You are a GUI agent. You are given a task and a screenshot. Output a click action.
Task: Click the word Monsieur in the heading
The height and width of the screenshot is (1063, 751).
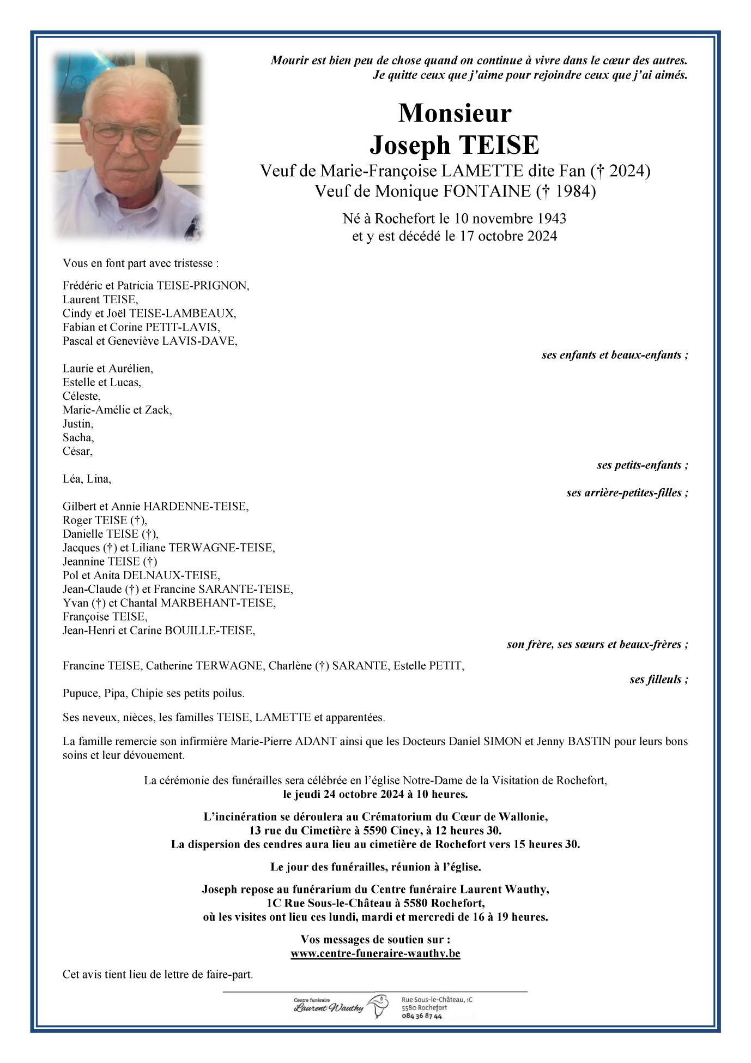455,113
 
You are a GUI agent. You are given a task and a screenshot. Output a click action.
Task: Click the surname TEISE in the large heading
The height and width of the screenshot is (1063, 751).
498,145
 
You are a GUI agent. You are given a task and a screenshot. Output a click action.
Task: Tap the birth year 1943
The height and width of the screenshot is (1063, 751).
552,219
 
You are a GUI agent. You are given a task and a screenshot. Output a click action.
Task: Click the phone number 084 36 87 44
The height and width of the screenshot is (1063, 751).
421,1016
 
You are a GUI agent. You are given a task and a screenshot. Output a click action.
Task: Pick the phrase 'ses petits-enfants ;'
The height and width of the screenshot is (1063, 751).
642,465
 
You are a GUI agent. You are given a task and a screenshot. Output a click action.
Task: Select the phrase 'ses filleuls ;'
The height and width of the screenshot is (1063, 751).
658,680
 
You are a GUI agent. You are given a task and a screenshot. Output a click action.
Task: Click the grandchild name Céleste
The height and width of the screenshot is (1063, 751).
81,396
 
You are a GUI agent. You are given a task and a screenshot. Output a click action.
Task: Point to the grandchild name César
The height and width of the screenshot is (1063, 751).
77,451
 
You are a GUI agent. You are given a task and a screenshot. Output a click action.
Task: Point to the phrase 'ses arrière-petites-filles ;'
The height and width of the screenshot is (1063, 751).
627,493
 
